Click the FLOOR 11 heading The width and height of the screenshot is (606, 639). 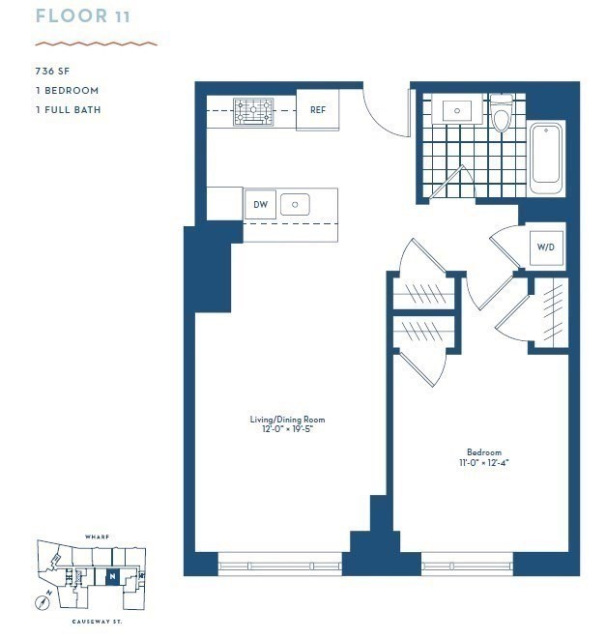[83, 16]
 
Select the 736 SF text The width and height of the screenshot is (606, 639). [51, 71]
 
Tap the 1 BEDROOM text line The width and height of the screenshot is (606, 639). [67, 90]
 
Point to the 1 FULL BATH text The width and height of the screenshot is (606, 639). [68, 109]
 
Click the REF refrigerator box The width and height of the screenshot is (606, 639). [317, 109]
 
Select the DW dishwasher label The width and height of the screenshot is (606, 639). [260, 204]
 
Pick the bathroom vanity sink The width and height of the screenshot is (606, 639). [456, 111]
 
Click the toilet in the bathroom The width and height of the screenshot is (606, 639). [501, 115]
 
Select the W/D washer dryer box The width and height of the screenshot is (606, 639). [546, 247]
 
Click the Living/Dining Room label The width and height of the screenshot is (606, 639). [287, 420]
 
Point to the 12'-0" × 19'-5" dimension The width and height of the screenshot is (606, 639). [287, 429]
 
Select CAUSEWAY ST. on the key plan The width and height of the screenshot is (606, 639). [95, 622]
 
